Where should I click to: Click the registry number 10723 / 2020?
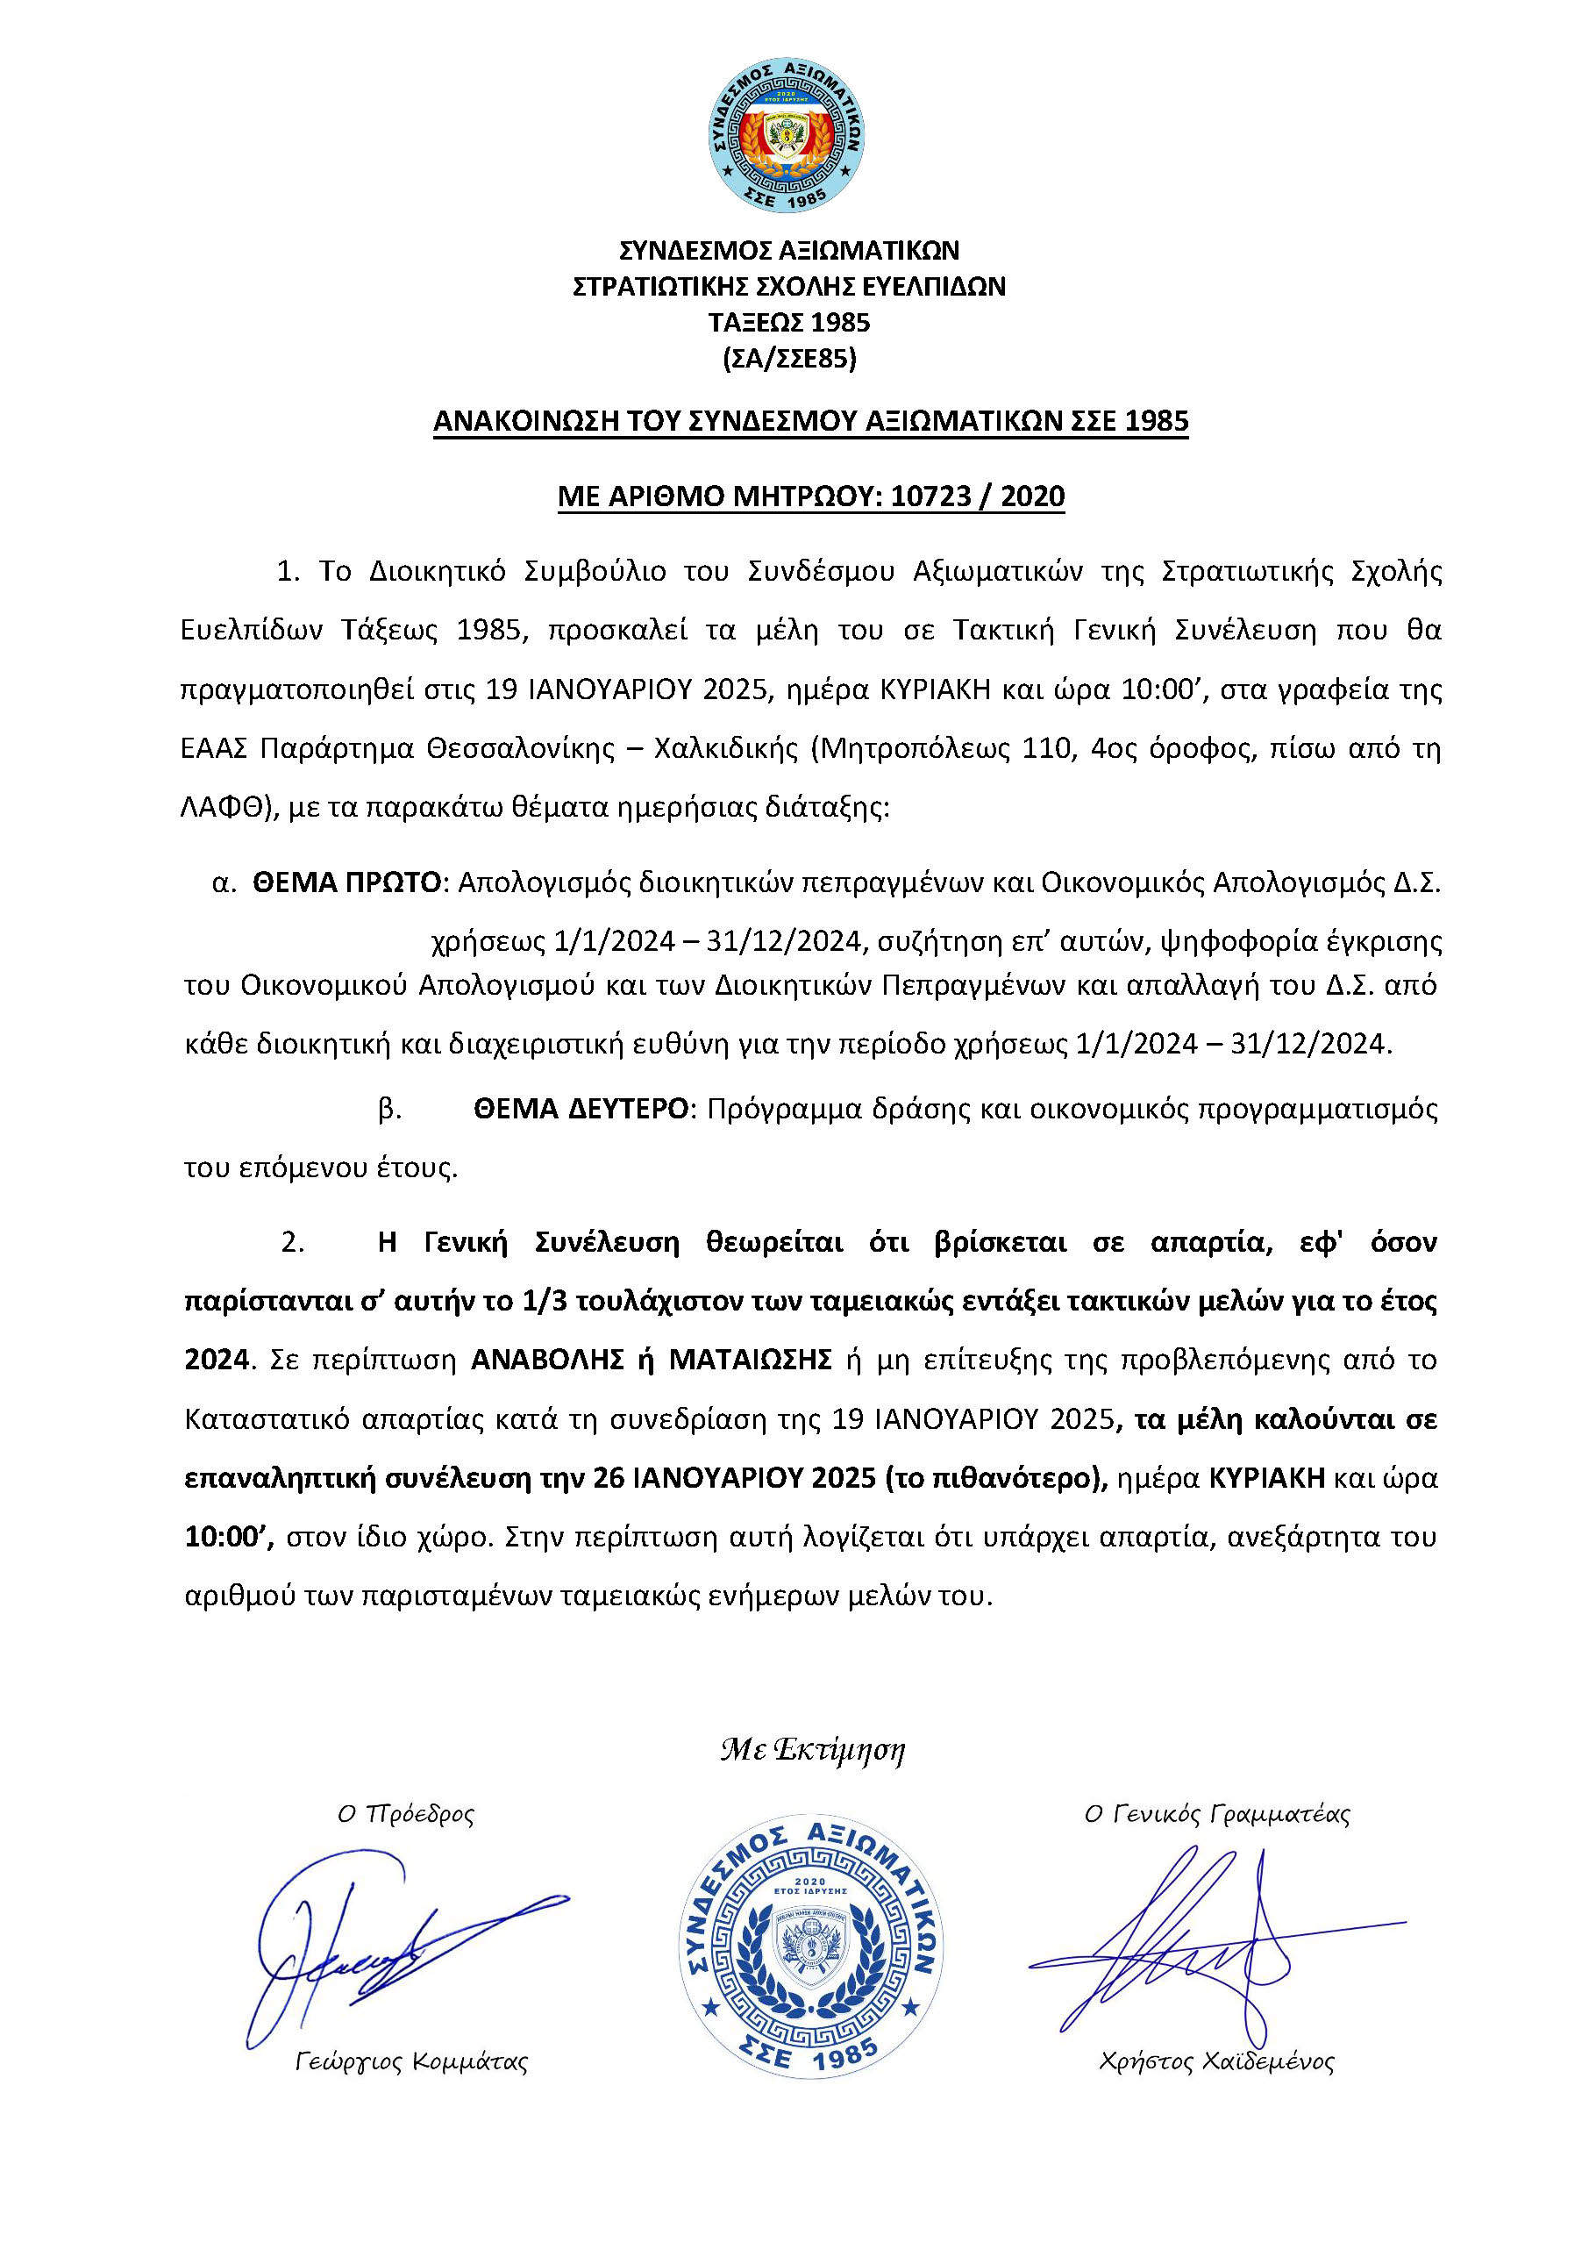(x=977, y=496)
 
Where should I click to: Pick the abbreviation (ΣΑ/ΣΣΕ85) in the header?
(x=789, y=360)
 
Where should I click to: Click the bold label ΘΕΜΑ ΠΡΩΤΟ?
(x=347, y=882)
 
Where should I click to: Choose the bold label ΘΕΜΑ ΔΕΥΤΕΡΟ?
(x=581, y=1109)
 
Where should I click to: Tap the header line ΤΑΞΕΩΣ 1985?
(x=789, y=324)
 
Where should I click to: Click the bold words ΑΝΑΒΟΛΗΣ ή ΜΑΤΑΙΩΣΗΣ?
(x=652, y=1360)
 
